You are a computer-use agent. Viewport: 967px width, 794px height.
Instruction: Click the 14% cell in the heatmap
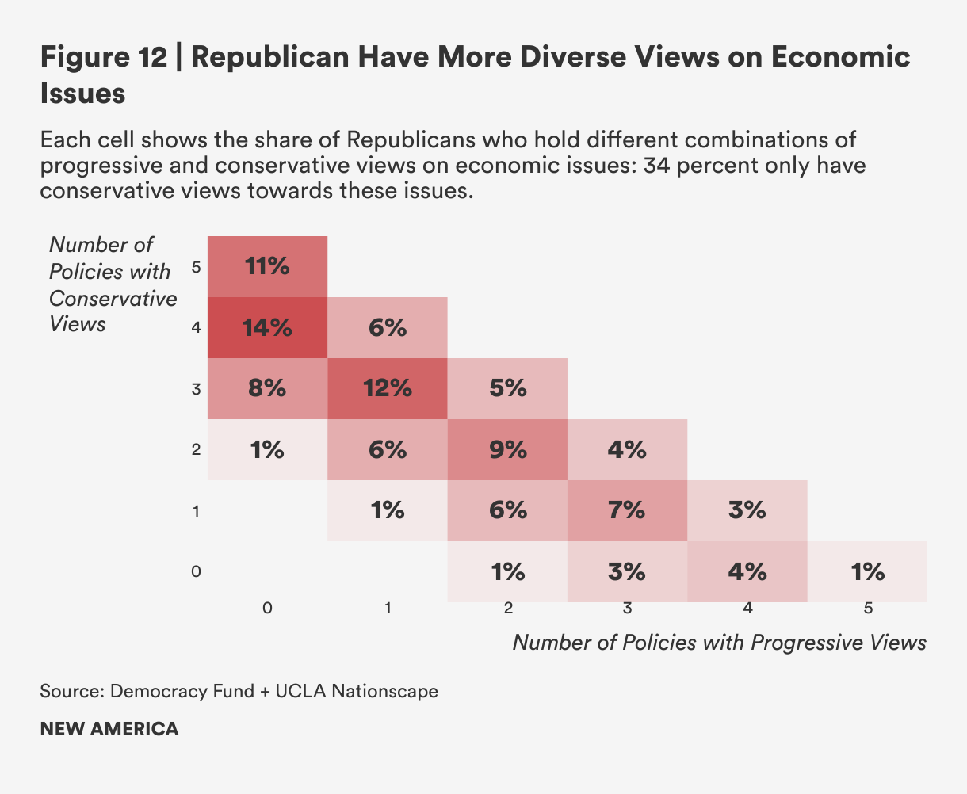pos(268,327)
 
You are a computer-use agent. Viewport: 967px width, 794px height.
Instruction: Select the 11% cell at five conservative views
pos(268,266)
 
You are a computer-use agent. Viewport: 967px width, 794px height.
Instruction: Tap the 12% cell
pos(388,388)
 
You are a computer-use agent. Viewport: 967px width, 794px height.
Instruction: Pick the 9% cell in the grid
pos(507,449)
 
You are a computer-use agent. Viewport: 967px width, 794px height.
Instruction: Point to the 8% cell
pos(268,388)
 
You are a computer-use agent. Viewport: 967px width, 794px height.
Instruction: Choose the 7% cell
pos(627,510)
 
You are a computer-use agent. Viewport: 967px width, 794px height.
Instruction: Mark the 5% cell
pos(507,388)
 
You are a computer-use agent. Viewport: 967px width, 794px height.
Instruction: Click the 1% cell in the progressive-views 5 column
pos(867,571)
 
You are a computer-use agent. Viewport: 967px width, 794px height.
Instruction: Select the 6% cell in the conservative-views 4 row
pos(388,327)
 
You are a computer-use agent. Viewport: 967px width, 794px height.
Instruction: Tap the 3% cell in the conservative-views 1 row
pos(747,510)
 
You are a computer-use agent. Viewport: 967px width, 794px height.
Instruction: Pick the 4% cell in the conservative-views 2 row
pos(627,449)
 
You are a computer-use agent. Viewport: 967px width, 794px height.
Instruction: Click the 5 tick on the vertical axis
pos(196,267)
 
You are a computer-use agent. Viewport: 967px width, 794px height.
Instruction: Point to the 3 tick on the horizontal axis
pos(627,609)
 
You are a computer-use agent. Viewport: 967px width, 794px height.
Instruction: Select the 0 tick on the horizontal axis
pos(268,609)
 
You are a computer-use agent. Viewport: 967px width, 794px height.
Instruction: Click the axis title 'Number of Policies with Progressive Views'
pos(719,642)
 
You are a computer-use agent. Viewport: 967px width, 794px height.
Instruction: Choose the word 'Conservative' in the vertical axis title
pos(113,298)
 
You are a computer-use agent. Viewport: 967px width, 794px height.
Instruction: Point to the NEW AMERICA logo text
pos(109,729)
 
